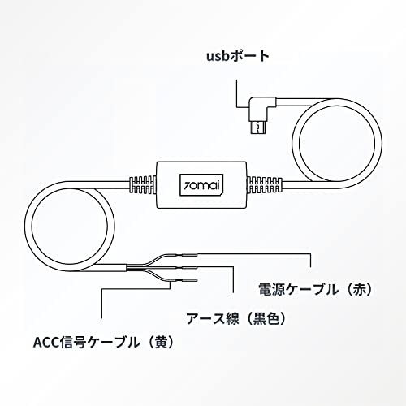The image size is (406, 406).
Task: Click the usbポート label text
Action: (x=238, y=57)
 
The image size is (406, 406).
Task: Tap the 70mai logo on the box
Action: (x=201, y=185)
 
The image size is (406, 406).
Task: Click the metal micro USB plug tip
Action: (x=257, y=127)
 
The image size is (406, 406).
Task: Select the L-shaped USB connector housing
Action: (x=261, y=109)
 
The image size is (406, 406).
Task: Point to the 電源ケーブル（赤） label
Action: (x=315, y=289)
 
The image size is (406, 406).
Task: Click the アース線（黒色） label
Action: (x=236, y=318)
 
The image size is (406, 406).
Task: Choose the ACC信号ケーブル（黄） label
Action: (x=103, y=343)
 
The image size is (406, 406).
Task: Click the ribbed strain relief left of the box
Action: (x=142, y=185)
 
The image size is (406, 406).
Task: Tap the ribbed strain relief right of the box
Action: (x=265, y=185)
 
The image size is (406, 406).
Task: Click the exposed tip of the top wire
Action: (x=190, y=255)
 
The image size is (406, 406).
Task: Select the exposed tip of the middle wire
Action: (x=190, y=268)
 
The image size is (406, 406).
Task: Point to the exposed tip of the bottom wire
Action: (x=190, y=281)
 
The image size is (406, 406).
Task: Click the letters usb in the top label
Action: (x=218, y=57)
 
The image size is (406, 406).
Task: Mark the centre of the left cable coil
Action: (x=70, y=227)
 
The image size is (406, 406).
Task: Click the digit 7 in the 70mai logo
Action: (x=187, y=186)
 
